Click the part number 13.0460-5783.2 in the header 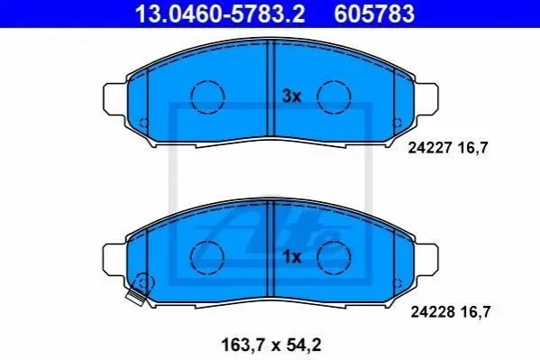coord(220,14)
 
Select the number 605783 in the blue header coord(374,14)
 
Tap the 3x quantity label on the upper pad coord(291,97)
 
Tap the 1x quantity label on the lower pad coord(291,257)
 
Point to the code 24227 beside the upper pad coord(429,148)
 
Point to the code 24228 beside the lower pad coord(432,312)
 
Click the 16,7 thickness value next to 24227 coord(473,148)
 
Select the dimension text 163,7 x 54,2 coord(271,345)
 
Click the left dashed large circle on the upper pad coord(207,80)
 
